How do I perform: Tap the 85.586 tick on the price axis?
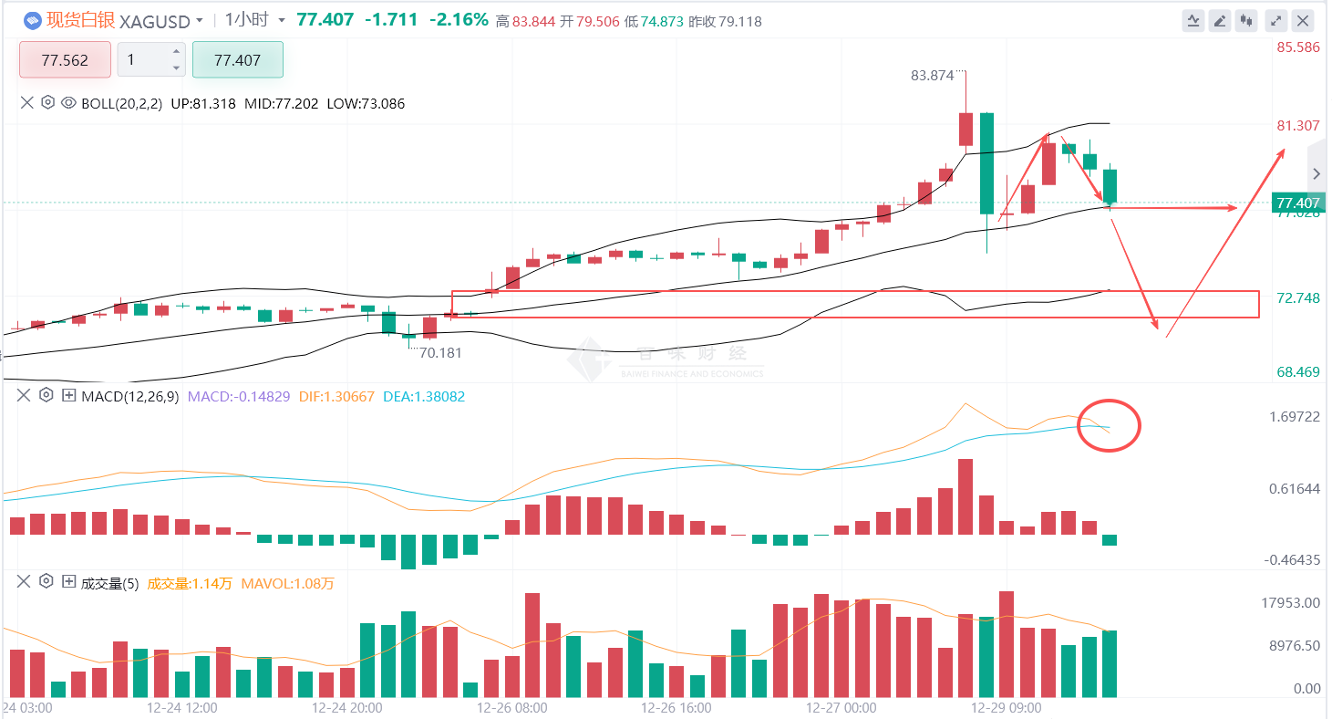[1297, 47]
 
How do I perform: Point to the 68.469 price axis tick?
[1297, 372]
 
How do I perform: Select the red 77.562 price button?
[65, 60]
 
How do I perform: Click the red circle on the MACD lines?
[1109, 425]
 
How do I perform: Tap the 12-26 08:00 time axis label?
[513, 707]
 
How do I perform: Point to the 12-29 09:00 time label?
[1006, 707]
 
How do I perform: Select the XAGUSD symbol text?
[155, 21]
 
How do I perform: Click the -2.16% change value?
[459, 20]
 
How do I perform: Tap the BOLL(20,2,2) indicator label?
[121, 104]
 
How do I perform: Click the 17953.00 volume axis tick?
[1287, 602]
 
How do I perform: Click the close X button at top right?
[1304, 20]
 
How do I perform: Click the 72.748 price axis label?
[1297, 298]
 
